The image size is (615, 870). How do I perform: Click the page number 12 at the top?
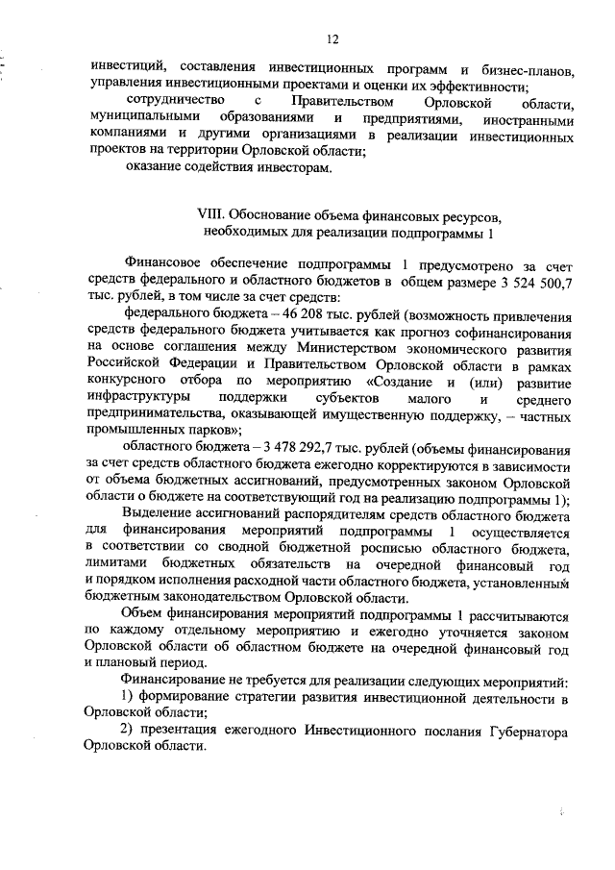[332, 38]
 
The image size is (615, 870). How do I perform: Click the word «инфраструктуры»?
[136, 404]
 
